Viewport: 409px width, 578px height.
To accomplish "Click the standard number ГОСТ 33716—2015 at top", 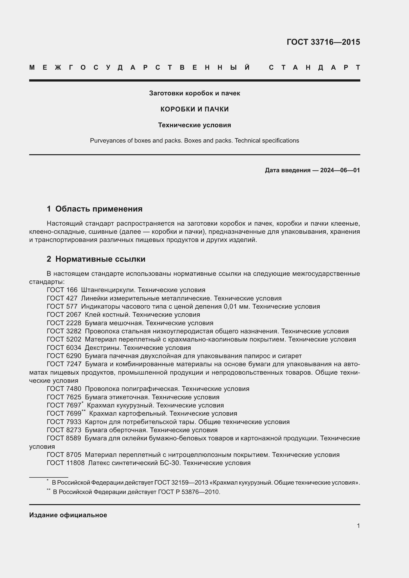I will pos(323,42).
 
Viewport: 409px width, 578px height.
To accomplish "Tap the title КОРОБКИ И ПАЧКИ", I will pos(194,109).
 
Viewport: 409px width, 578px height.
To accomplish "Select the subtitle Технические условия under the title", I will pos(194,125).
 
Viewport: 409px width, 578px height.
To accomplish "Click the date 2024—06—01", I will pos(340,171).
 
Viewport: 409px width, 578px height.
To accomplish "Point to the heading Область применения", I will pos(99,209).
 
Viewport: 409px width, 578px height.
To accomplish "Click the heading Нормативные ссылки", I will pos(100,259).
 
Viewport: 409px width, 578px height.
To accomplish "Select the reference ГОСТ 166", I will pos(62,290).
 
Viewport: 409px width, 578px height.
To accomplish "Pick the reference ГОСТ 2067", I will pos(64,315).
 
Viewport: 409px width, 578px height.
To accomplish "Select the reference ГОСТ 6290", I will pos(64,356).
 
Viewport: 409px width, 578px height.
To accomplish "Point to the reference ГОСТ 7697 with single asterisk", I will pos(64,406).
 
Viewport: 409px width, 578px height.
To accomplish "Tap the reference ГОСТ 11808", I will pos(66,463).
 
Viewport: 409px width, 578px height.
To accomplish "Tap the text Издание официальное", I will pos(68,515).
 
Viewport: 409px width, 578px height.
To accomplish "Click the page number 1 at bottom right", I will pos(358,526).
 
